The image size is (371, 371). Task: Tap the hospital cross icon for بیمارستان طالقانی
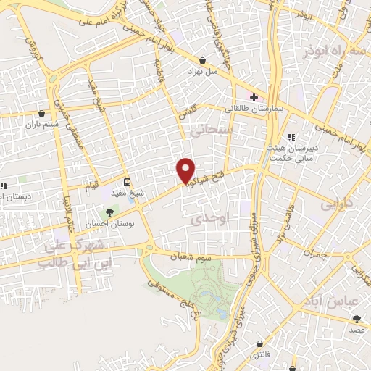254,97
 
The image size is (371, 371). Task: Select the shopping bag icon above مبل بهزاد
202,60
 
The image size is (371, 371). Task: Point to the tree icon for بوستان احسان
109,212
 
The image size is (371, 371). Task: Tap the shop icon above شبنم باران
42,113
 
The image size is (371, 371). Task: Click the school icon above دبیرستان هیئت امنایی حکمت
291,138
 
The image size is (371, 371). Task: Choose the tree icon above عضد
356,317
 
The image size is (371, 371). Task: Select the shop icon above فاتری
259,342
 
